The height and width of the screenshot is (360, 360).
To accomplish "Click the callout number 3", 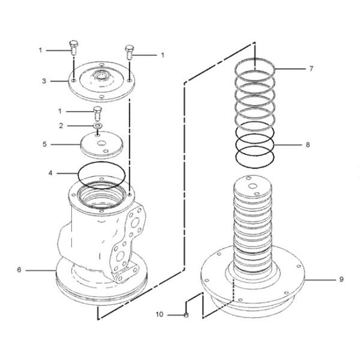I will coord(44,80).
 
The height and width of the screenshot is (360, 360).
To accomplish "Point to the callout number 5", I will coord(44,145).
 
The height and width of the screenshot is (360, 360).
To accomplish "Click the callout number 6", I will coord(19,270).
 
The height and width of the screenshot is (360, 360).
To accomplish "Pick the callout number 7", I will coord(311,69).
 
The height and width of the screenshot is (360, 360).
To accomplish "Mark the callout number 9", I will coord(341,279).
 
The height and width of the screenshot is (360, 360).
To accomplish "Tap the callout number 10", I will coord(160,314).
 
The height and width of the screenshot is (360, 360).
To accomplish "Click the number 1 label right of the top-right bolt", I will coord(163,55).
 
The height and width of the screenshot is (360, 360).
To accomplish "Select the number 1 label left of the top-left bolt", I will coord(41,50).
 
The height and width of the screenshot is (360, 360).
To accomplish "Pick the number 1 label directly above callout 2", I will coord(60,111).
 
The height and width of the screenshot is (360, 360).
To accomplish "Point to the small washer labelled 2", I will coord(96,126).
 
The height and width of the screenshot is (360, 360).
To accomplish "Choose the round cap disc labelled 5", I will coord(101,145).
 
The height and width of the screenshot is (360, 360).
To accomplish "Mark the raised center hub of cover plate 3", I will coord(100,77).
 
